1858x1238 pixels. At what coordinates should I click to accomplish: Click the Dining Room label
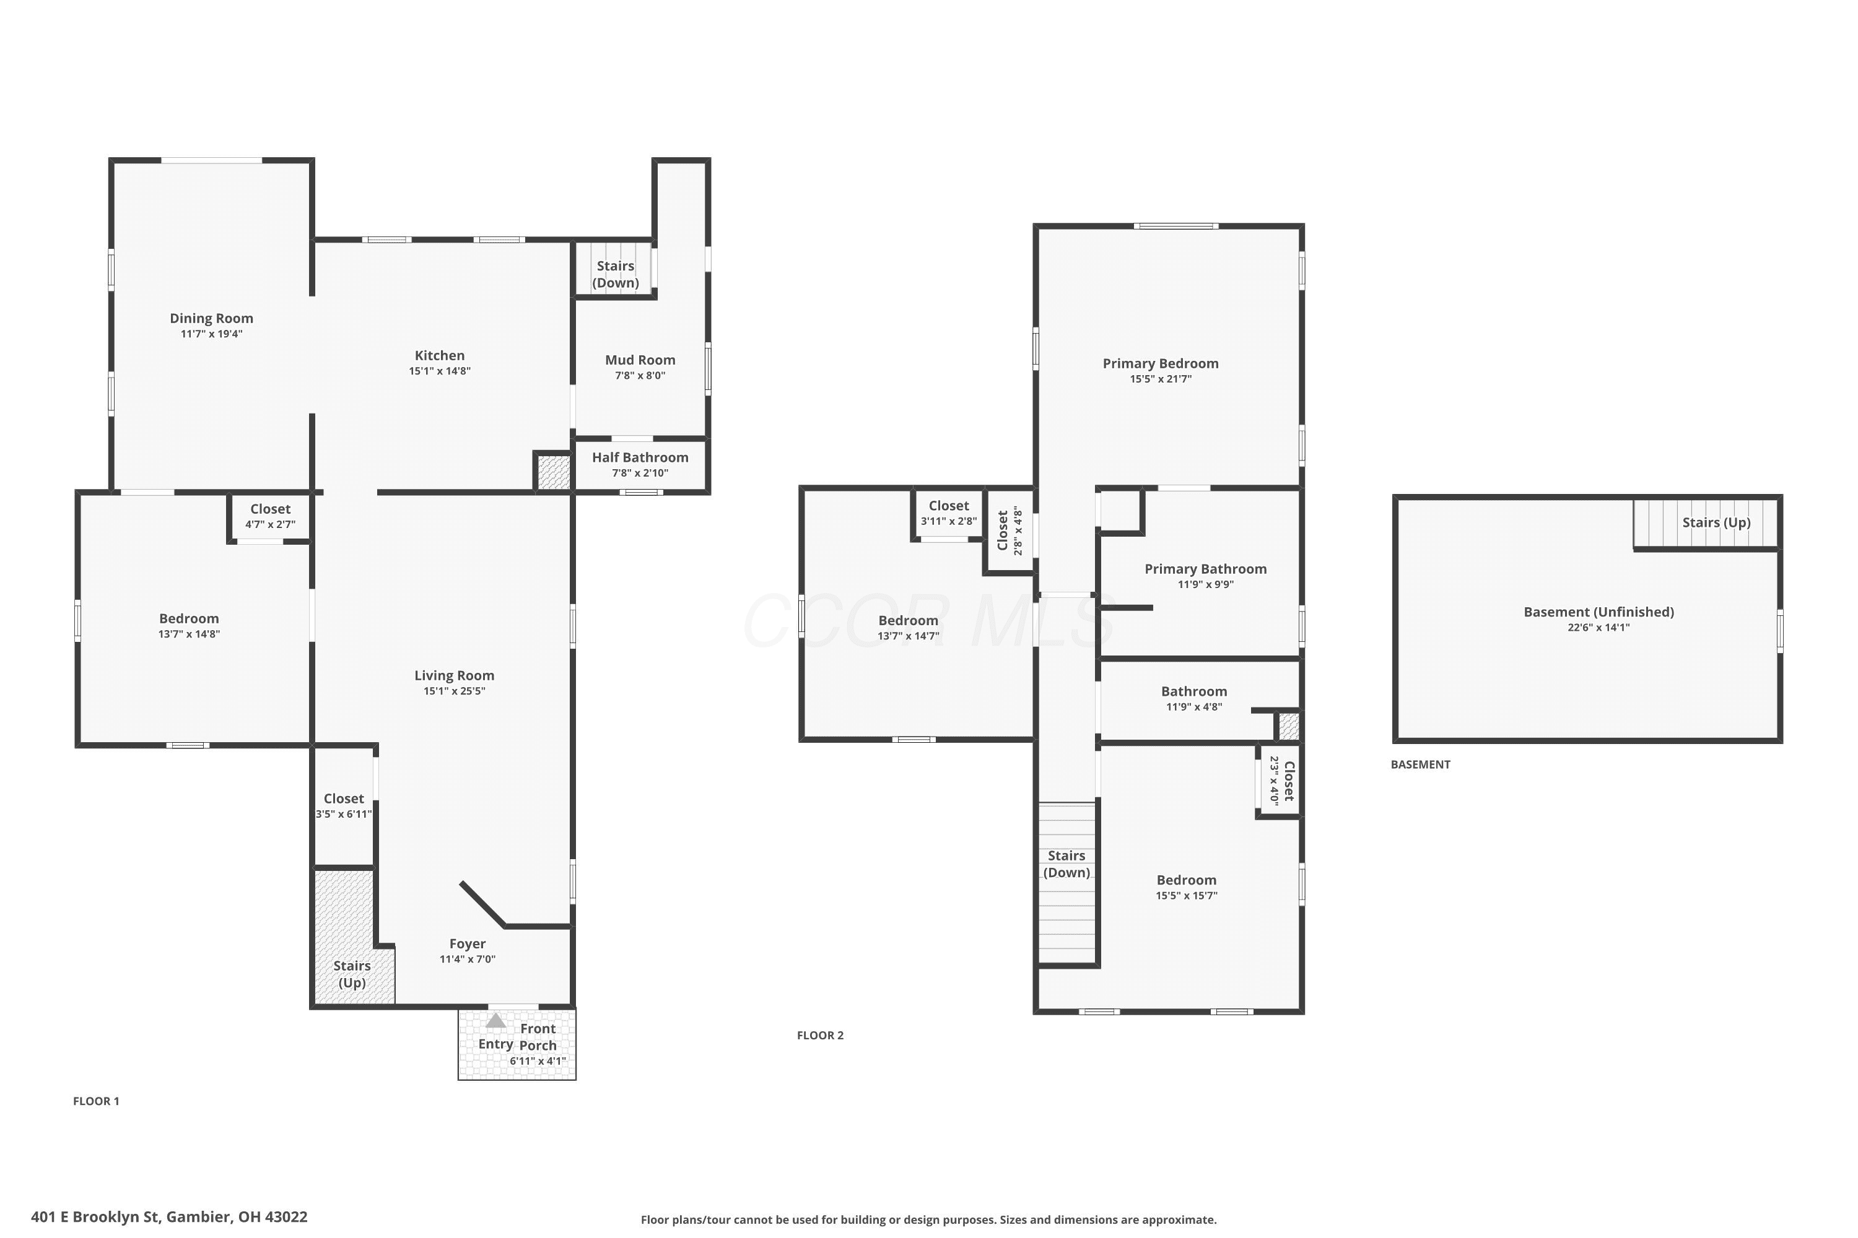[x=212, y=318]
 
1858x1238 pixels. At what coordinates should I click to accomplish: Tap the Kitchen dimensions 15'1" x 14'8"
[x=440, y=371]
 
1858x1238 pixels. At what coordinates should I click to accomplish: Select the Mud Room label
[x=640, y=360]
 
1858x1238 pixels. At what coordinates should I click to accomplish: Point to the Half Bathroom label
[x=640, y=458]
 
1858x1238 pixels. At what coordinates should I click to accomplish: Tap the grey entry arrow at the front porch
[x=495, y=1021]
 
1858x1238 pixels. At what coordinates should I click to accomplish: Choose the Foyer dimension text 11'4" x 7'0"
[x=468, y=959]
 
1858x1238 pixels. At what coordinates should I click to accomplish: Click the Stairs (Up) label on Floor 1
[x=352, y=974]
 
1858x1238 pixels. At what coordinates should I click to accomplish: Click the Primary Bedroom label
[x=1161, y=364]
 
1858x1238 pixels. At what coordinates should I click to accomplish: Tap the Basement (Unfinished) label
[x=1599, y=613]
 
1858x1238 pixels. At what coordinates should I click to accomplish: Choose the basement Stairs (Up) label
[x=1717, y=522]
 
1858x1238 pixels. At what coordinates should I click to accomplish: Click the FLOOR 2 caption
[x=820, y=1036]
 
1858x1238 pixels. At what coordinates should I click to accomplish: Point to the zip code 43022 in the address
[x=286, y=1217]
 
